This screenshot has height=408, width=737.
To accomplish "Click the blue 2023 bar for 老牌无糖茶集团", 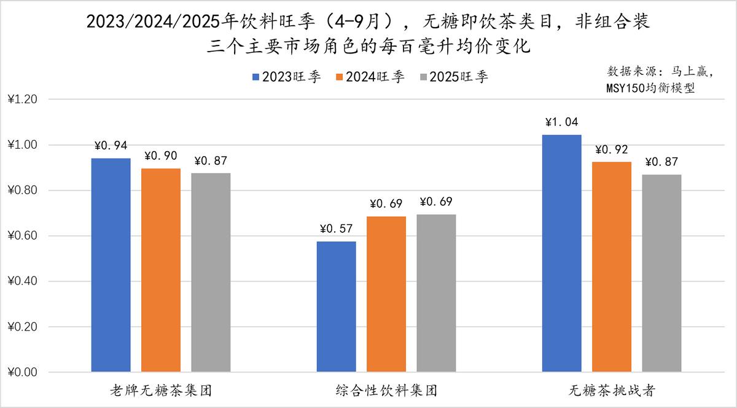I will (x=111, y=265).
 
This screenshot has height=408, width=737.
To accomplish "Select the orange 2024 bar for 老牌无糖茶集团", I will (x=161, y=270).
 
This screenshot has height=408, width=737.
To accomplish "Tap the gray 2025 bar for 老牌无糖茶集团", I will (x=211, y=272).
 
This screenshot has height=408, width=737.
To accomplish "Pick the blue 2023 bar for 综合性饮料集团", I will (x=336, y=307).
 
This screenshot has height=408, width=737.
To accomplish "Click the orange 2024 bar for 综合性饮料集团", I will (x=386, y=294).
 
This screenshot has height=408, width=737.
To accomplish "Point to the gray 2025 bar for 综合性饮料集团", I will (x=436, y=293).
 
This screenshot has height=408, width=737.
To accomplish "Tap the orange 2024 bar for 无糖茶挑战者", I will (x=612, y=267).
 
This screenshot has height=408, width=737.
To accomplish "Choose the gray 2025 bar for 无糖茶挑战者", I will (x=661, y=273).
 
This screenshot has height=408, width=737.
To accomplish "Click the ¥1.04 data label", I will (x=561, y=122).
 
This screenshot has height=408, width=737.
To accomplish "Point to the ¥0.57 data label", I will (x=337, y=229).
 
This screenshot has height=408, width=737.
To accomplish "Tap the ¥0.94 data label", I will (x=111, y=146).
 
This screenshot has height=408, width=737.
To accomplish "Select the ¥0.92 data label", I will (x=612, y=149).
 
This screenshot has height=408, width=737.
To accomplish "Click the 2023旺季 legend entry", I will (x=286, y=77).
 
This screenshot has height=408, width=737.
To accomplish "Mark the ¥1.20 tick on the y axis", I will (x=23, y=100).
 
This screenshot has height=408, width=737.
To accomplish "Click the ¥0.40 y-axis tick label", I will (x=23, y=281).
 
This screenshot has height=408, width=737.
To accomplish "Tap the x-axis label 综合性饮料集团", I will (x=387, y=390).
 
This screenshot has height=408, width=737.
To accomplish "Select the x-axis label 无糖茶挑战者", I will (x=612, y=390).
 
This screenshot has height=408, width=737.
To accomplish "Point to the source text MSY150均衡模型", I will (x=650, y=88).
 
